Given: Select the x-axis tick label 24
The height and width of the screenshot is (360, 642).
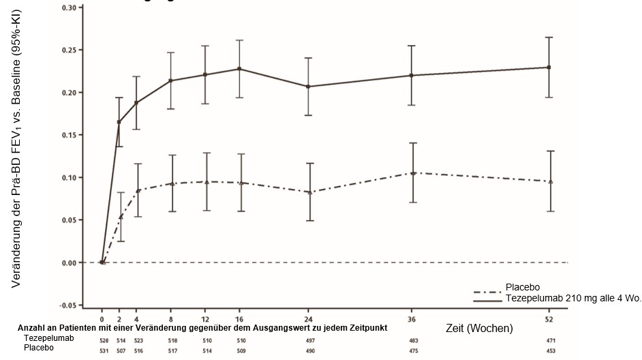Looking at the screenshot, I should (x=309, y=318).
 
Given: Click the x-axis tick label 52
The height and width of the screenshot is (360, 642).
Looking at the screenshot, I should (x=549, y=318).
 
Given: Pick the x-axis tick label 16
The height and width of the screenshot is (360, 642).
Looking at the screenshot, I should (x=239, y=318).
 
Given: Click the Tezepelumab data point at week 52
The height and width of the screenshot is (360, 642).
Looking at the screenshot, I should (x=549, y=67).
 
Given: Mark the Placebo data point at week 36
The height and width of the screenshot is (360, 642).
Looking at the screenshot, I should (x=412, y=173).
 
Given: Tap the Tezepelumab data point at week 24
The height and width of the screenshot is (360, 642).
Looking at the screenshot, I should (x=309, y=87).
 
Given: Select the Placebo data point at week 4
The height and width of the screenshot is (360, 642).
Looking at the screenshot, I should (x=138, y=191).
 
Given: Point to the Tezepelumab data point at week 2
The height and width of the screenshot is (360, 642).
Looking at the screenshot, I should (x=120, y=122).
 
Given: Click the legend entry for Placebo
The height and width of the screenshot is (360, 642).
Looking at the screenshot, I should (x=523, y=287).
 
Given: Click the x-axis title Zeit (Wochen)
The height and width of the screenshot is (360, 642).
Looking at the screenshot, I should (x=478, y=328).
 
